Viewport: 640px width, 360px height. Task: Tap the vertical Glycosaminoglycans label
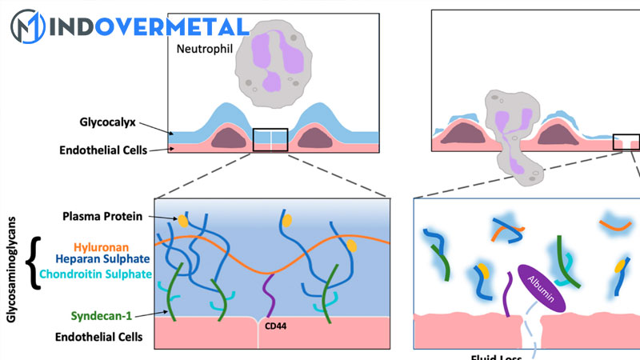point(11,265)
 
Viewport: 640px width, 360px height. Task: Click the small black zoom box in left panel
point(270,139)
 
